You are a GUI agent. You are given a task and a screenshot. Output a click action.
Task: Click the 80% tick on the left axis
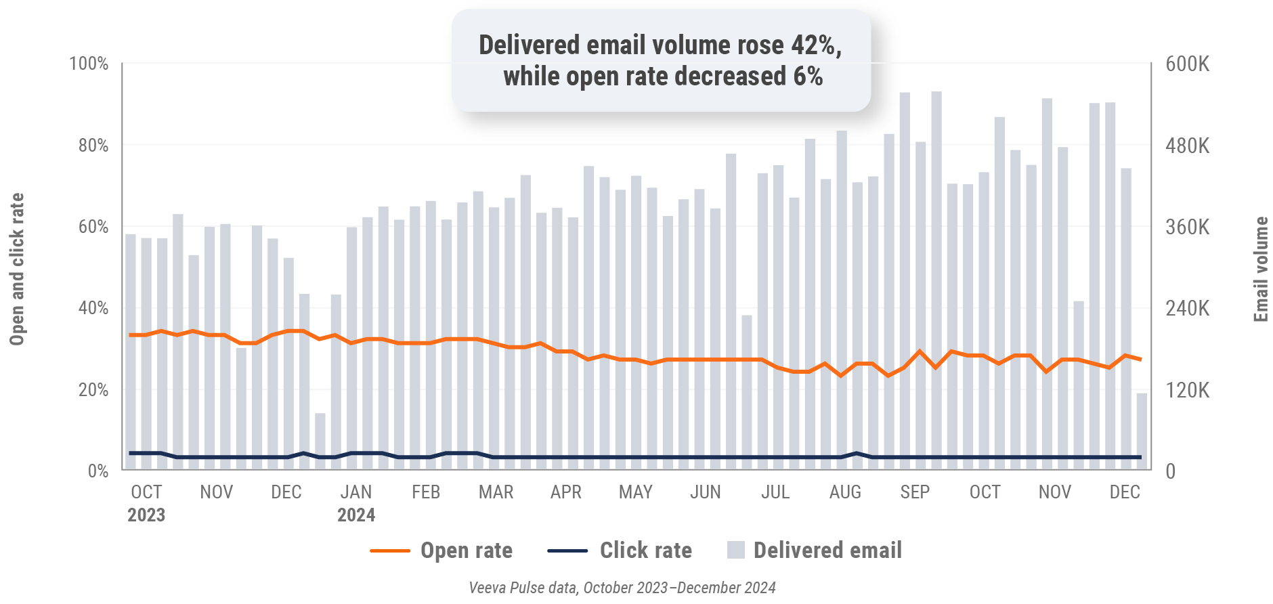[x=93, y=146]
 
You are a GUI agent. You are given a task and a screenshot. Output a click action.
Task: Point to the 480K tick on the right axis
[x=1187, y=146]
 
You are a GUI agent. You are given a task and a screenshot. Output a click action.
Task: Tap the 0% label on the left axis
[x=98, y=471]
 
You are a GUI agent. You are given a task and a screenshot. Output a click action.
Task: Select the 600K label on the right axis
[x=1187, y=64]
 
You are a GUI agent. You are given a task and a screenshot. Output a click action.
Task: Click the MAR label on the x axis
[x=496, y=492]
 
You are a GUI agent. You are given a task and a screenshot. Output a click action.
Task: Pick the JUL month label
[x=775, y=492]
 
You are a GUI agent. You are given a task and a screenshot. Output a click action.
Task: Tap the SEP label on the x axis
[x=914, y=492]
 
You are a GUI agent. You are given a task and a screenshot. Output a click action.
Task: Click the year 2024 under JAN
[x=356, y=515]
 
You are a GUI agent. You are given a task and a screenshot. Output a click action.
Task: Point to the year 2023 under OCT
[x=146, y=515]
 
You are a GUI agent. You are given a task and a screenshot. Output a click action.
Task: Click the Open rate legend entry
[x=466, y=551]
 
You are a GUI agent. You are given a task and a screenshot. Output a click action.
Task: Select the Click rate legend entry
[x=645, y=551]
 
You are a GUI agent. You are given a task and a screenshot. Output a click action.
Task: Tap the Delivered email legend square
[x=736, y=550]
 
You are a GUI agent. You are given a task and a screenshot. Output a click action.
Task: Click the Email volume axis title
[x=1261, y=269]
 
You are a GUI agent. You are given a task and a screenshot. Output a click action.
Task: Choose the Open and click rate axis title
[x=17, y=269]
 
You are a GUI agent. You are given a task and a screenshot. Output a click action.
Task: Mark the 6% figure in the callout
[x=808, y=77]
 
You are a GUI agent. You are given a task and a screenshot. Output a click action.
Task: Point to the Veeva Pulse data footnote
[x=622, y=588]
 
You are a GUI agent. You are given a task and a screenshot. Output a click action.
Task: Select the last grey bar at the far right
[x=1142, y=431]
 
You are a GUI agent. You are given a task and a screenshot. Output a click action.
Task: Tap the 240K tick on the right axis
[x=1187, y=309]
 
